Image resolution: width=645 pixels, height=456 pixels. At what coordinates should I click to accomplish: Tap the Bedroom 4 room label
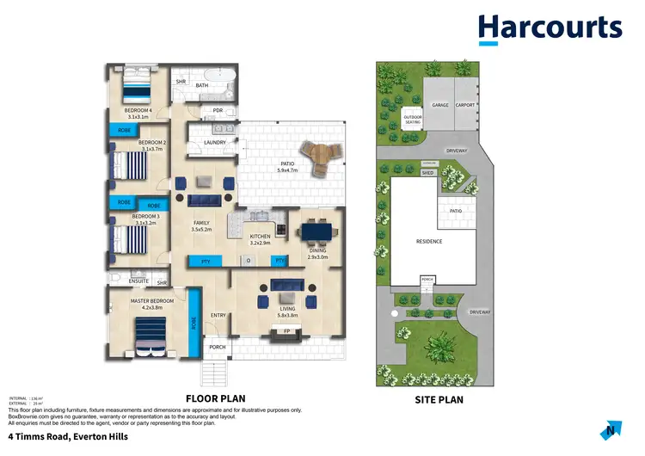pos(137,111)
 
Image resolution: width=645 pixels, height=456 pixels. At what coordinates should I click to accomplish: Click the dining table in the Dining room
pos(319,232)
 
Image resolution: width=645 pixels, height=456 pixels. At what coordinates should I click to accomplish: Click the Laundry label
pos(215,143)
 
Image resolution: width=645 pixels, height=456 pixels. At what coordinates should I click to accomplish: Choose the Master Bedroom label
pos(152,301)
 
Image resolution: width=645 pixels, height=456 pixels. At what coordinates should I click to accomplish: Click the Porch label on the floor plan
pos(218,348)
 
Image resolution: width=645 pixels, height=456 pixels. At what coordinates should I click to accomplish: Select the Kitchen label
pos(260,237)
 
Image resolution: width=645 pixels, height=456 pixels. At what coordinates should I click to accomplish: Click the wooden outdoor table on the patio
pos(325,158)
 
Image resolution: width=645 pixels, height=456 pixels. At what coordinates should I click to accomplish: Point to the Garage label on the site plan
pos(439,105)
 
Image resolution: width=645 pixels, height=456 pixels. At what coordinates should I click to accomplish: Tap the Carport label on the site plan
pos(465,105)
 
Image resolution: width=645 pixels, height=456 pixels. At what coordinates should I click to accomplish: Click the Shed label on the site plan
pos(427,172)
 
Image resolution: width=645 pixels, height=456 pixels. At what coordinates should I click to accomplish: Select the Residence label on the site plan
pos(428,242)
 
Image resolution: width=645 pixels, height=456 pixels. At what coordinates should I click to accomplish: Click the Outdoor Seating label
pos(413,121)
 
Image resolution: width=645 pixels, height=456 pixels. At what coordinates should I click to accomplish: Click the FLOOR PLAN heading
pos(216,398)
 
